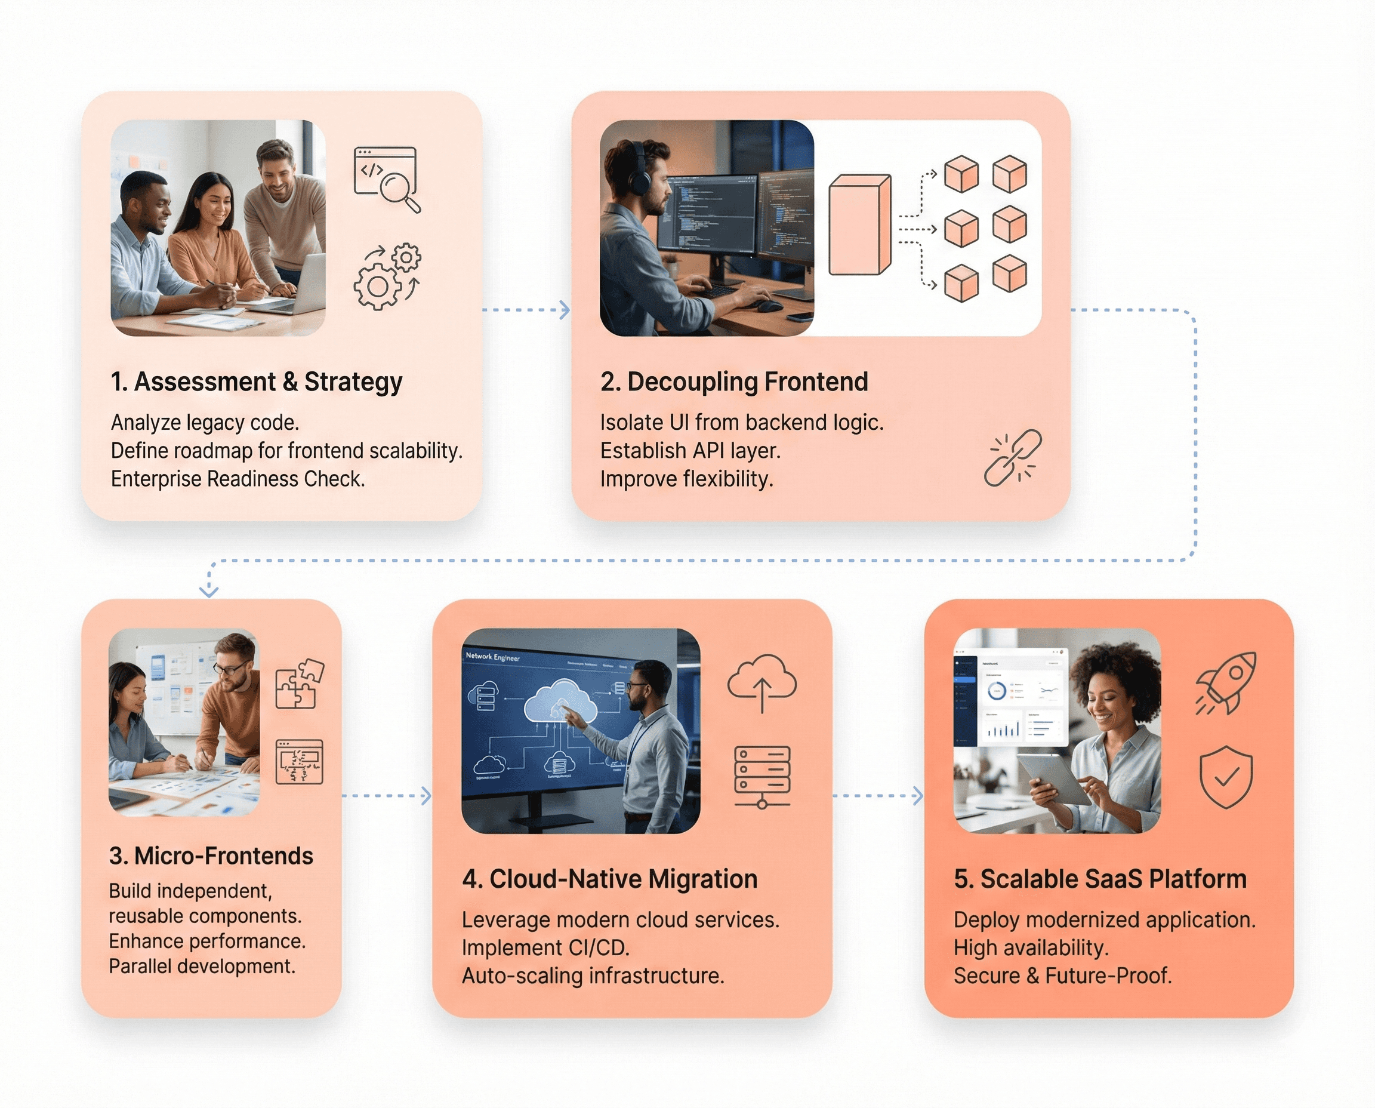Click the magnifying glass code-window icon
tap(387, 178)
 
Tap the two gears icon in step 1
tap(387, 276)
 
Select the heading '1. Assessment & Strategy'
tap(256, 381)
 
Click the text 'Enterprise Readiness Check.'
tap(238, 479)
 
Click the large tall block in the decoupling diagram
tap(859, 224)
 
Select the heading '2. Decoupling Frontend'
tap(734, 381)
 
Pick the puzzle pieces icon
tap(299, 684)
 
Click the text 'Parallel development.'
tap(202, 967)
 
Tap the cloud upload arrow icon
tap(762, 683)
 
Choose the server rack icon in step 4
tap(762, 776)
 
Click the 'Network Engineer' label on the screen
tap(492, 656)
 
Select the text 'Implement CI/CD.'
tap(545, 948)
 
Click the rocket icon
tap(1226, 682)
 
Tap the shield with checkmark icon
tap(1226, 777)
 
